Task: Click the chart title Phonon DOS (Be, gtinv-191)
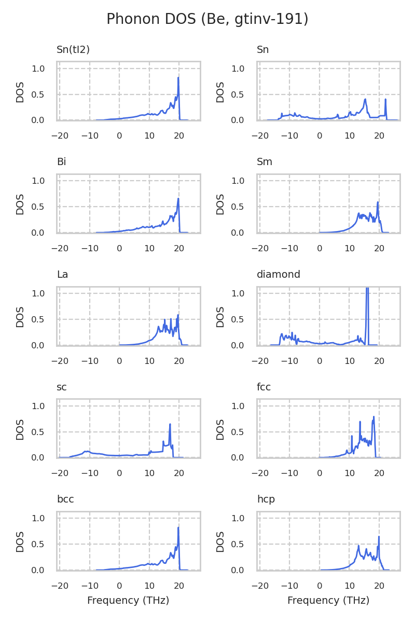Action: (x=208, y=19)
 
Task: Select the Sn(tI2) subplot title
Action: (x=73, y=50)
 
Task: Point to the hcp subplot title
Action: (x=266, y=499)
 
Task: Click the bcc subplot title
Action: (x=65, y=499)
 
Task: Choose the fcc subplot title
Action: (x=264, y=387)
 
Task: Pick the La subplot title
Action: (x=62, y=275)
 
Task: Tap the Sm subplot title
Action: (x=265, y=162)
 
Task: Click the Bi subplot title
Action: (x=61, y=162)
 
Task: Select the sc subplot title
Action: (x=62, y=387)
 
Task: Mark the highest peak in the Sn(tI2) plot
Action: (x=178, y=78)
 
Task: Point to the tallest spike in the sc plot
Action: (x=170, y=424)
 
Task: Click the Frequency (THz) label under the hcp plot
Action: (x=328, y=601)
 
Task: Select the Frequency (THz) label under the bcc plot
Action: (x=128, y=601)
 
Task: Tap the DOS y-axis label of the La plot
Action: (x=20, y=316)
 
